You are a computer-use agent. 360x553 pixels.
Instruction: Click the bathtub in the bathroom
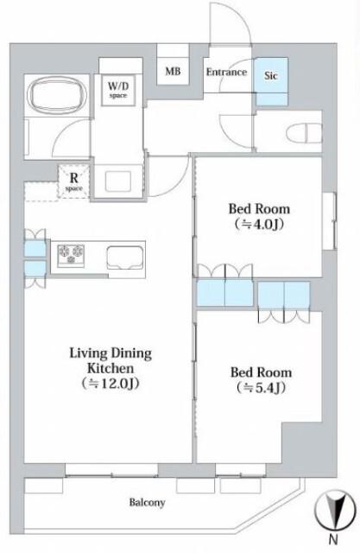pyautogui.click(x=57, y=94)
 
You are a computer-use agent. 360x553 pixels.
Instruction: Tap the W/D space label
pyautogui.click(x=118, y=90)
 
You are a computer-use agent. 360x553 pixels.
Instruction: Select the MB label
pyautogui.click(x=173, y=71)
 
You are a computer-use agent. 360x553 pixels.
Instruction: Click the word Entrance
pyautogui.click(x=226, y=72)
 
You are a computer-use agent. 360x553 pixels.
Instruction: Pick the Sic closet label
pyautogui.click(x=271, y=75)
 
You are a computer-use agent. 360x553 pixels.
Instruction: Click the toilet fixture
pyautogui.click(x=304, y=134)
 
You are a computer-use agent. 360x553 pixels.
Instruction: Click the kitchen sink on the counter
pyautogui.click(x=125, y=257)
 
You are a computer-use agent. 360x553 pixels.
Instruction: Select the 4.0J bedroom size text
pyautogui.click(x=259, y=224)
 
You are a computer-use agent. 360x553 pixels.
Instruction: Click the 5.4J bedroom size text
pyautogui.click(x=261, y=388)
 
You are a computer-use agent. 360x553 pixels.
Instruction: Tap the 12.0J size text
pyautogui.click(x=111, y=384)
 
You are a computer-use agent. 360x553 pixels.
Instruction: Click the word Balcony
pyautogui.click(x=147, y=502)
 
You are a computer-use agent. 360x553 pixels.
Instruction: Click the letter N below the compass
pyautogui.click(x=333, y=540)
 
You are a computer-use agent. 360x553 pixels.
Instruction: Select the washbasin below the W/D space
pyautogui.click(x=118, y=181)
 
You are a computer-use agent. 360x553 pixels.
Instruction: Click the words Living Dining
pyautogui.click(x=111, y=353)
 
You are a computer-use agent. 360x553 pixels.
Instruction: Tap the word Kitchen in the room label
pyautogui.click(x=111, y=368)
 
